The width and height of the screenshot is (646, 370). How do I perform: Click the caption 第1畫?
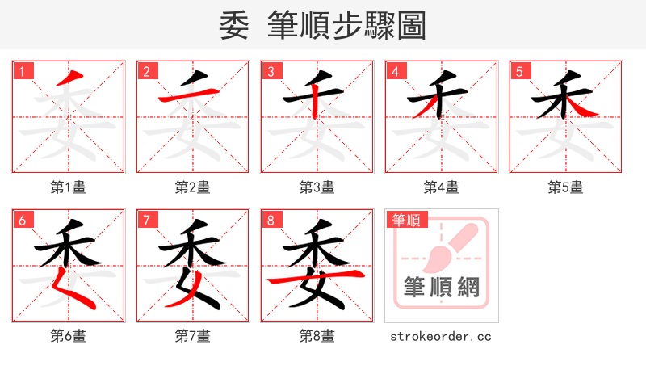tap(69, 187)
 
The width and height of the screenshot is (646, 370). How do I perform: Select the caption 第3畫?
tap(317, 187)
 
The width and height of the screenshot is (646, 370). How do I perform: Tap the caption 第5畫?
tap(566, 187)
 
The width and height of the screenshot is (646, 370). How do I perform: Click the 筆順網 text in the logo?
tap(441, 288)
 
